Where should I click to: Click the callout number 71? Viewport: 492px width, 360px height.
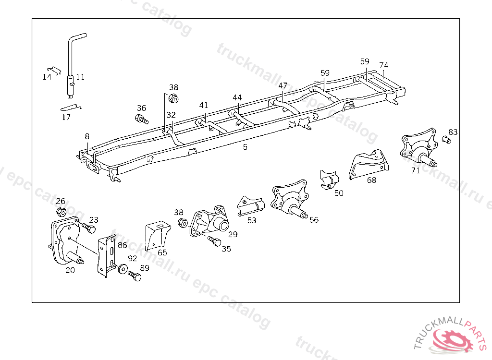[x=416, y=170]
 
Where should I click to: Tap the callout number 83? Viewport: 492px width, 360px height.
[x=453, y=132]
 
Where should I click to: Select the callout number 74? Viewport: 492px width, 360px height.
[x=383, y=65]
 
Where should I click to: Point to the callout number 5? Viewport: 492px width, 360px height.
[x=245, y=147]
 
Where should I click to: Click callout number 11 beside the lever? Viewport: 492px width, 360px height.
[x=80, y=76]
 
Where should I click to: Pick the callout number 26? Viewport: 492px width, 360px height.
[x=61, y=201]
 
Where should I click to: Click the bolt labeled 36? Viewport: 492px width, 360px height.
[x=142, y=118]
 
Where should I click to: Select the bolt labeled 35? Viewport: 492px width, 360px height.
[x=214, y=240]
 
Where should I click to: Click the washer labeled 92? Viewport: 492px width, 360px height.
[x=123, y=269]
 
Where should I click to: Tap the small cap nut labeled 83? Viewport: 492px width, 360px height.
[x=445, y=140]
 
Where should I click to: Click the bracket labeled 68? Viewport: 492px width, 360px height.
[x=368, y=166]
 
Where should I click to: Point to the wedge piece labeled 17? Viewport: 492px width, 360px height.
[x=70, y=108]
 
